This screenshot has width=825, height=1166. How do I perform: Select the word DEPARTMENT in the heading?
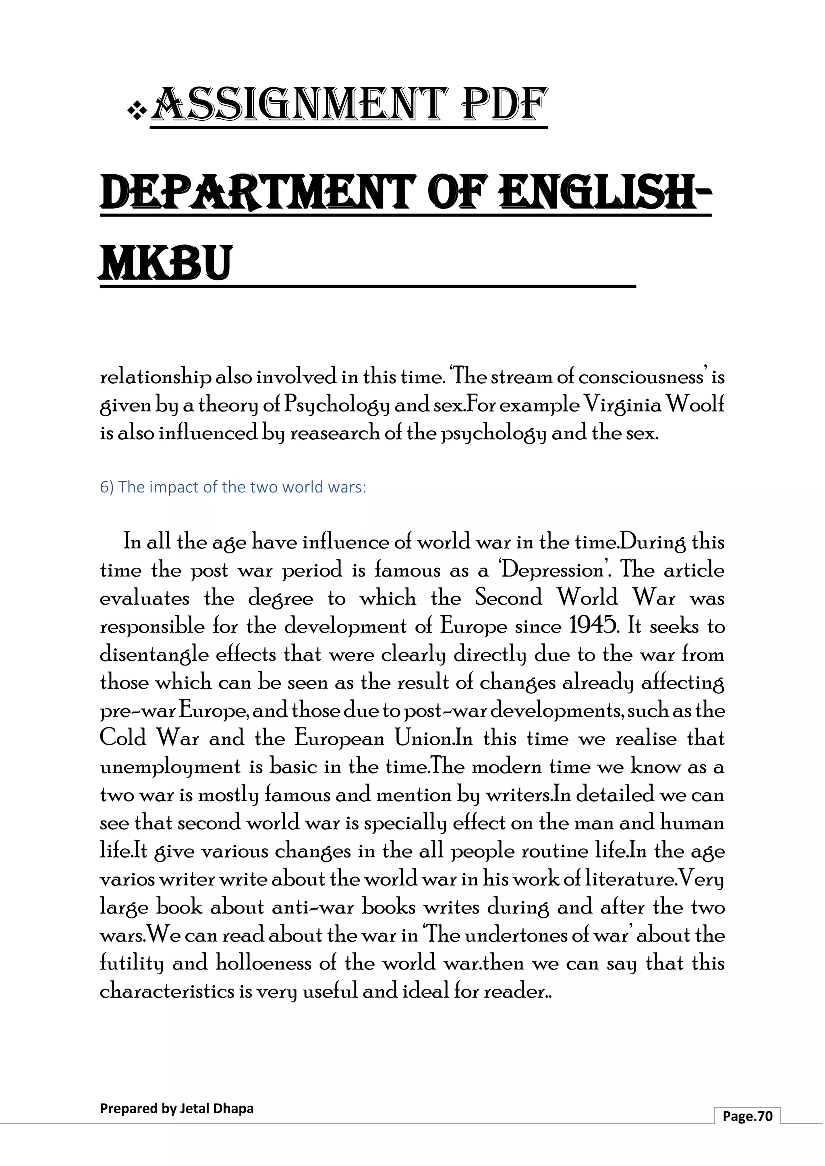[257, 193]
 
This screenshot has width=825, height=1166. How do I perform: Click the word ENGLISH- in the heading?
[605, 193]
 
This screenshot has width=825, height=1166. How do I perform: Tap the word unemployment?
[170, 766]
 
